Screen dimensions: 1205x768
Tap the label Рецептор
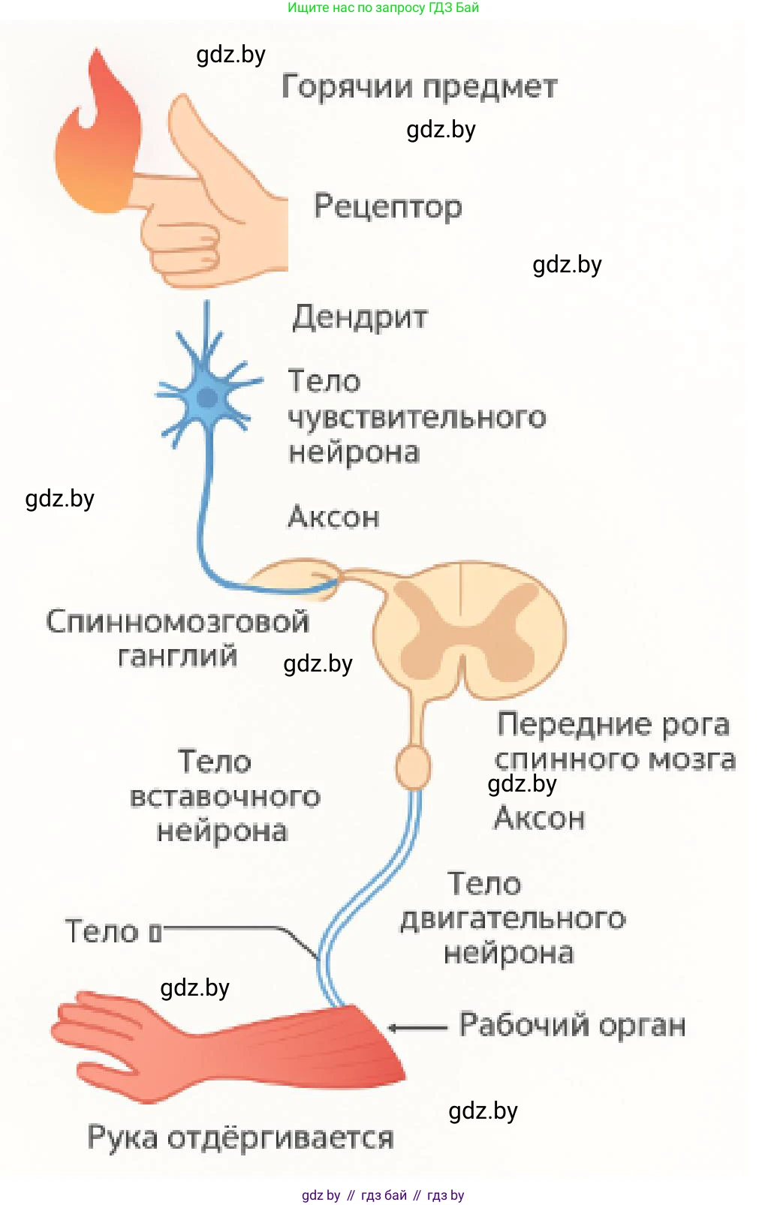(387, 206)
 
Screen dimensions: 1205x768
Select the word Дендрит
(360, 317)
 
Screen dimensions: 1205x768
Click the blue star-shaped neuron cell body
(206, 398)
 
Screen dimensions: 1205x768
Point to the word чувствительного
(417, 417)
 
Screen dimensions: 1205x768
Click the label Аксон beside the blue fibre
(333, 517)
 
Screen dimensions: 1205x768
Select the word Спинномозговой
(177, 621)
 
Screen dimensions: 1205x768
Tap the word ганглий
(177, 656)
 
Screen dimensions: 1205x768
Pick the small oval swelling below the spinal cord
(413, 766)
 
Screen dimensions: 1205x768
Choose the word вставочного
(224, 796)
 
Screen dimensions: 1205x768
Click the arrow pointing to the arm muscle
(417, 1027)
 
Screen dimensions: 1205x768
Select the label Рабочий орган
(572, 1025)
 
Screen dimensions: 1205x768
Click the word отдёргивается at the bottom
(279, 1137)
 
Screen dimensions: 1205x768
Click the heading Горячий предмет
(419, 87)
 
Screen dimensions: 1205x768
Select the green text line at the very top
(383, 8)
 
